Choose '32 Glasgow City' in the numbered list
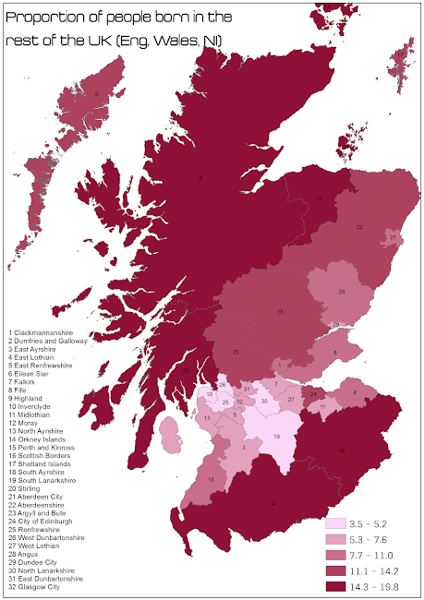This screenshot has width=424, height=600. coord(33,586)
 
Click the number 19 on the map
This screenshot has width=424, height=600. coord(276,437)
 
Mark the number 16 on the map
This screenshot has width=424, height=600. coord(342,451)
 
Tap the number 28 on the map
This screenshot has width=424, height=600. coord(341,292)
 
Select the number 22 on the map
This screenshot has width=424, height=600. coord(359,226)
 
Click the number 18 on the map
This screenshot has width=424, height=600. coord(211,480)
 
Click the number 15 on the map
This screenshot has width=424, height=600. coord(280,312)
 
